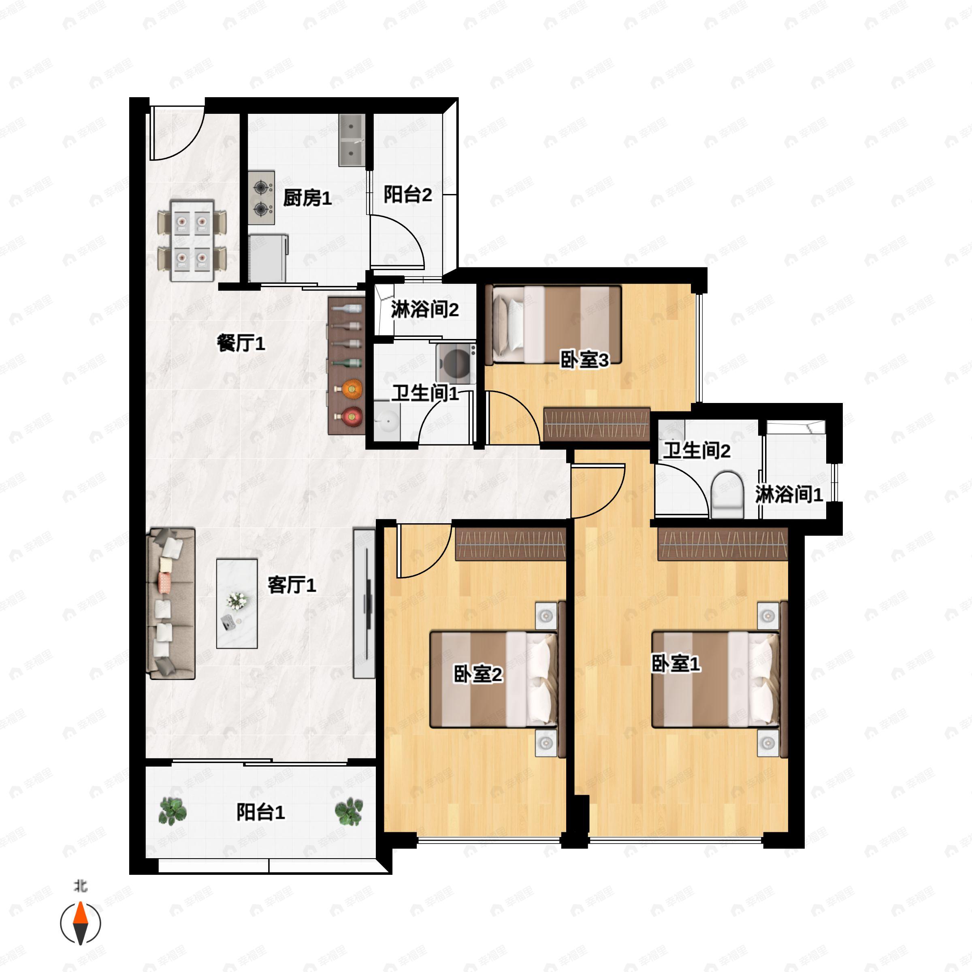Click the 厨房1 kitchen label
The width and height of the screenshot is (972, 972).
(307, 198)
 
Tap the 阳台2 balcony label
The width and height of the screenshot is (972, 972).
(407, 195)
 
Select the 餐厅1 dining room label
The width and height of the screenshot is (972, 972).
(241, 343)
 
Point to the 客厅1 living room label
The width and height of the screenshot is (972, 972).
(291, 585)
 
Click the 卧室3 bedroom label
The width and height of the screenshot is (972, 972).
(584, 360)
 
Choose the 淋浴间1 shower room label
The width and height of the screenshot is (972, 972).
(789, 495)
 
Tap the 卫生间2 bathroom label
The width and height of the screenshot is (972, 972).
(696, 450)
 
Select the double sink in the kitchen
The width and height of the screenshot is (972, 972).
(352, 140)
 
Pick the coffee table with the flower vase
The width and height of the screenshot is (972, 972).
(237, 604)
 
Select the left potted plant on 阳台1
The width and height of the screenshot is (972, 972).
(172, 812)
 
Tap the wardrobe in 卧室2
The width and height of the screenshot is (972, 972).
(511, 544)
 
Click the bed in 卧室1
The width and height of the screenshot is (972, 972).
(714, 680)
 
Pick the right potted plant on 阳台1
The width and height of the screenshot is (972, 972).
(349, 812)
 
